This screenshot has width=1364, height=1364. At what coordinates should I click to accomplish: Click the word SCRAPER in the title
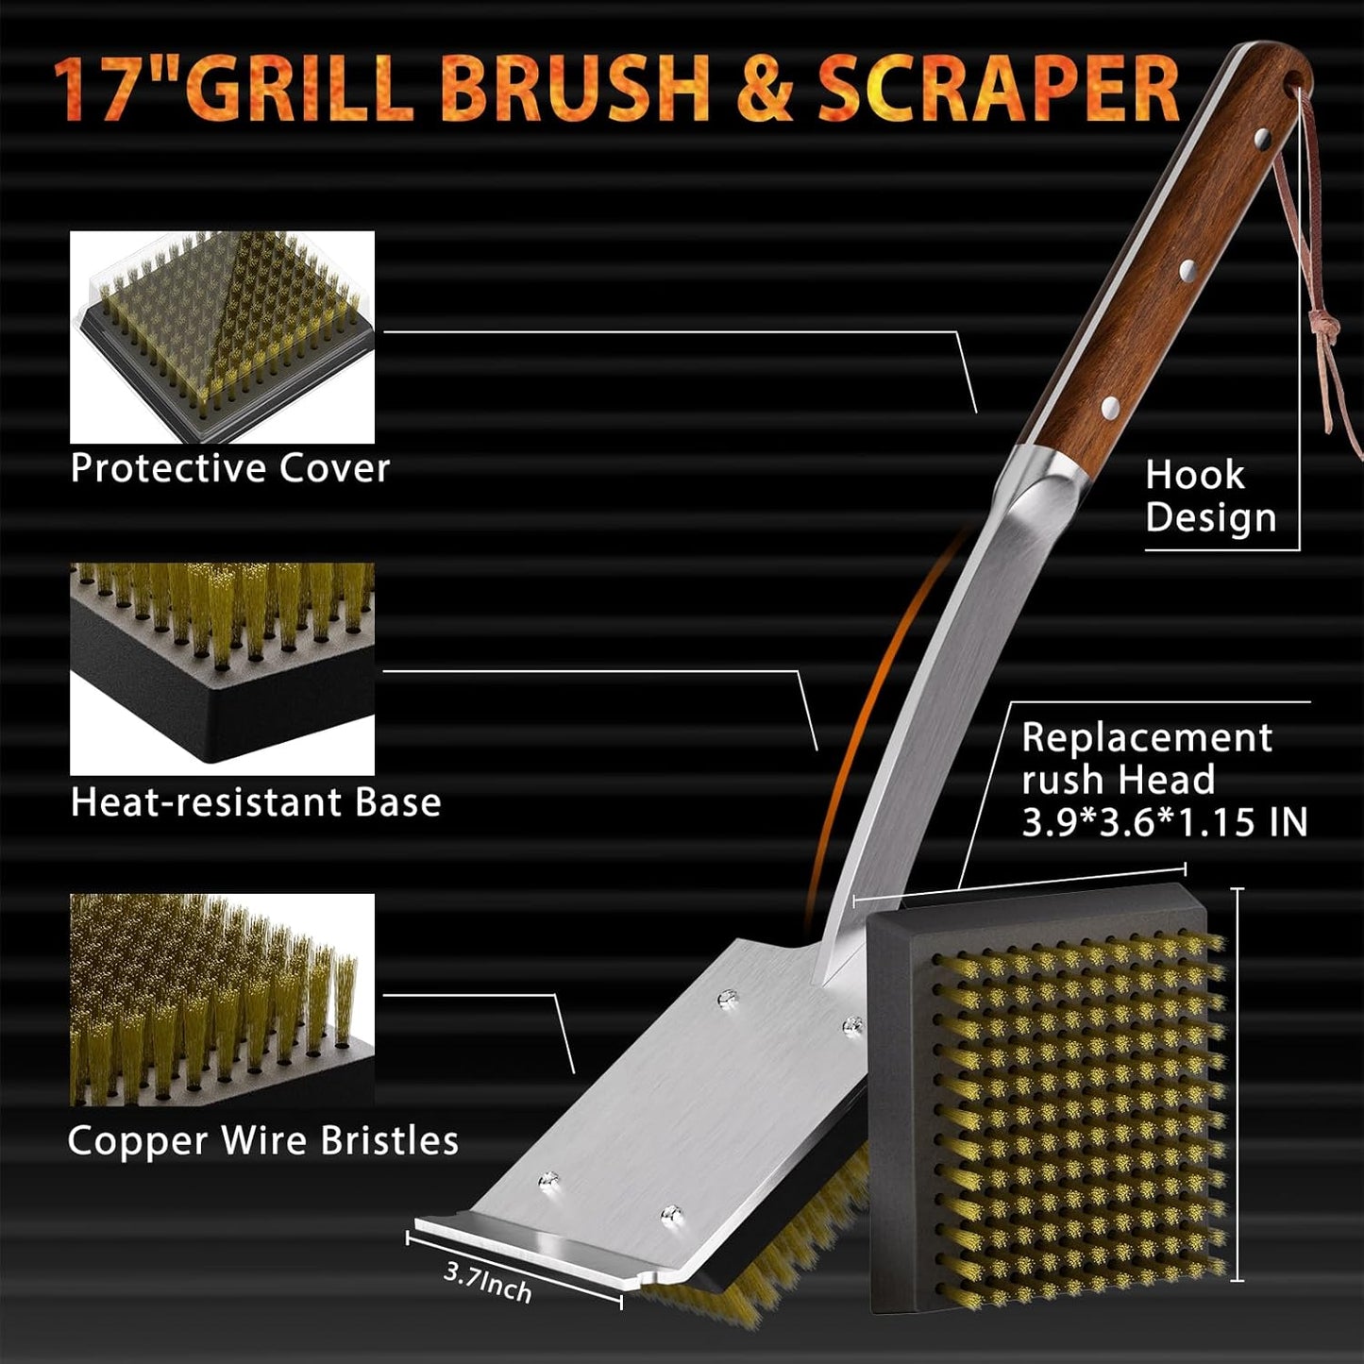click(x=999, y=89)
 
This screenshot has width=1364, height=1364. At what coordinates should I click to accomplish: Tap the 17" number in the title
click(x=111, y=91)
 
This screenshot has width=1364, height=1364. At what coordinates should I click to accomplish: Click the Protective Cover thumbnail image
click(x=222, y=337)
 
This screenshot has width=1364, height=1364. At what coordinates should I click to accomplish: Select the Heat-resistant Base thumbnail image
click(x=222, y=669)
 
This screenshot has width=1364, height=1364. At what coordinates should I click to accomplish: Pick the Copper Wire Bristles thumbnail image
click(x=222, y=1000)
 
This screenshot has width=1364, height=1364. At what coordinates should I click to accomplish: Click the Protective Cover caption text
click(x=229, y=469)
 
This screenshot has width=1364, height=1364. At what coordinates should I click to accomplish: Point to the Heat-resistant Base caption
click(x=255, y=802)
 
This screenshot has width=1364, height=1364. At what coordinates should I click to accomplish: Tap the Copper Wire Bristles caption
click(x=262, y=1140)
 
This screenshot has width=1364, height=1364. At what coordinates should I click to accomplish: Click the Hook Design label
click(x=1209, y=497)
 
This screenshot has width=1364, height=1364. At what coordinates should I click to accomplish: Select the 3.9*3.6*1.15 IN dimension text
click(x=1164, y=822)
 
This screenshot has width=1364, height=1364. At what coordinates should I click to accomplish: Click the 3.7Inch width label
click(x=487, y=1283)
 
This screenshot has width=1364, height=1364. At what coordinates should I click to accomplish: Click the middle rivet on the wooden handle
click(x=1187, y=270)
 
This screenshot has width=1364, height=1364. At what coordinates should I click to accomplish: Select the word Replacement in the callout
click(x=1147, y=737)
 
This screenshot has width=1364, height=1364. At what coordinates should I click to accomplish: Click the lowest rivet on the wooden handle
click(x=1111, y=408)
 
